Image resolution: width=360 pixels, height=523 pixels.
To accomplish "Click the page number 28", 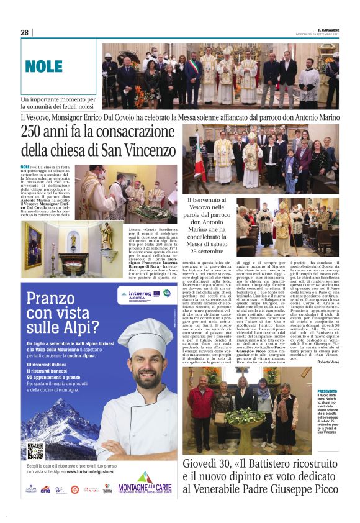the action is tap(24, 32).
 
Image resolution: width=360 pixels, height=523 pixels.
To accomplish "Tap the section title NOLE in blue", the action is tap(43, 66).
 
